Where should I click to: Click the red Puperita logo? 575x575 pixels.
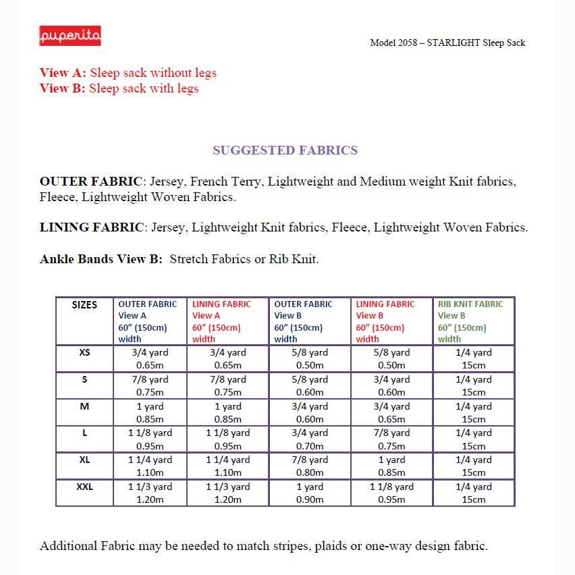pos(70,36)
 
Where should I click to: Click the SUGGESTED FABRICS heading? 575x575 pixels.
pos(285,150)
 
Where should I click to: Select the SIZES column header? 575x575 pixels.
pos(84,305)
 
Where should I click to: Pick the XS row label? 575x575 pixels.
pos(84,352)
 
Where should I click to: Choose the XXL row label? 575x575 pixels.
pos(84,487)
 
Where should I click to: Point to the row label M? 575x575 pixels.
pos(84,406)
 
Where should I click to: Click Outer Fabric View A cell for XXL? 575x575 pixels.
pos(150,493)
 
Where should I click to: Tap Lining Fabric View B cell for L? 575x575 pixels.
pos(391,439)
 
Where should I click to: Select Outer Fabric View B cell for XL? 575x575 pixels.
pos(310,466)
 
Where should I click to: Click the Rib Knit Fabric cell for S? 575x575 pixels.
pos(473,385)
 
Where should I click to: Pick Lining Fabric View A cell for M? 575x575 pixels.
pos(227,412)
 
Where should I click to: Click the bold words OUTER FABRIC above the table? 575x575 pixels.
pos(91,182)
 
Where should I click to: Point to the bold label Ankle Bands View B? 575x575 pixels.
pos(101,259)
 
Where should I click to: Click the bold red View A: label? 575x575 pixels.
pos(63,73)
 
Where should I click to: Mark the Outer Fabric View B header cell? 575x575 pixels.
pos(310,321)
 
